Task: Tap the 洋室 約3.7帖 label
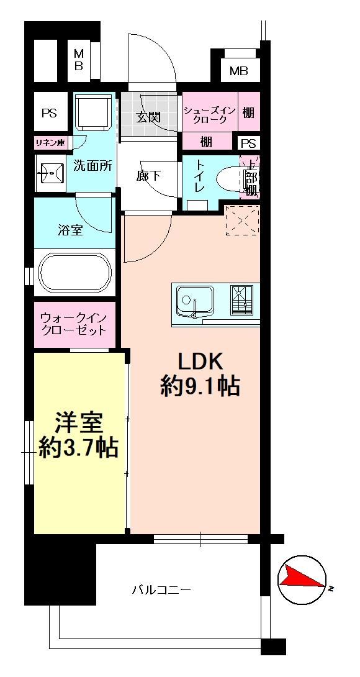click(78, 436)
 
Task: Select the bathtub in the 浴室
click(74, 273)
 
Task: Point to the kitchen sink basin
click(194, 299)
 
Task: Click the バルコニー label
click(161, 589)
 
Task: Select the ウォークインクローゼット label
click(73, 325)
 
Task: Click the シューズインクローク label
click(210, 115)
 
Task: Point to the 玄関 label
click(149, 117)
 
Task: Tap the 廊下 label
click(149, 176)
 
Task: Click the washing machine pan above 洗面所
click(93, 111)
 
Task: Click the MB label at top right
click(239, 71)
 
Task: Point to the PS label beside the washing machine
click(50, 113)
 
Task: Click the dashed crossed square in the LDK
click(243, 220)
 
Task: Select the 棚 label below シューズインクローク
click(206, 141)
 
